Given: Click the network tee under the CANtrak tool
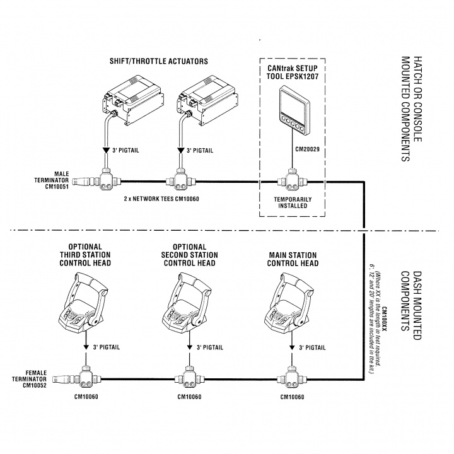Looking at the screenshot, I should point(291,183).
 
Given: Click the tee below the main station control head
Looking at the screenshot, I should point(291,378).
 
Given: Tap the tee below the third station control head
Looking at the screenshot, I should point(86,378).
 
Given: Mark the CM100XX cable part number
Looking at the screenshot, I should point(383,315).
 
